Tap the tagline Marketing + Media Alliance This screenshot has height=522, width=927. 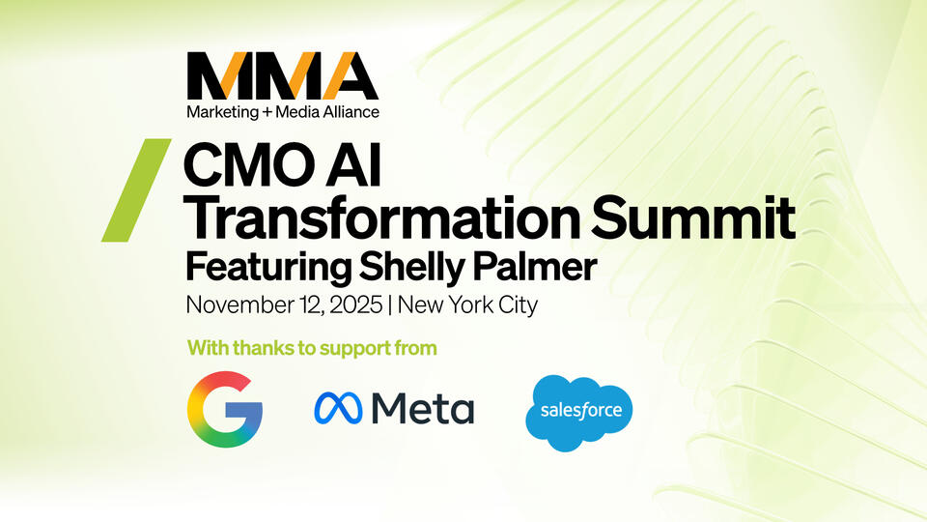(x=283, y=112)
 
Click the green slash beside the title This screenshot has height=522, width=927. (x=136, y=189)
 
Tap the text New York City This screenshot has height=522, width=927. (x=467, y=305)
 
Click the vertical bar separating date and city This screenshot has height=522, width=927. (x=389, y=305)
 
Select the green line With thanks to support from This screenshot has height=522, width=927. (x=312, y=347)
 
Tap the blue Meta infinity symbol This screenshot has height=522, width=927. (x=337, y=409)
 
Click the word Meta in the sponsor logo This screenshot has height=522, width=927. (x=424, y=409)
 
